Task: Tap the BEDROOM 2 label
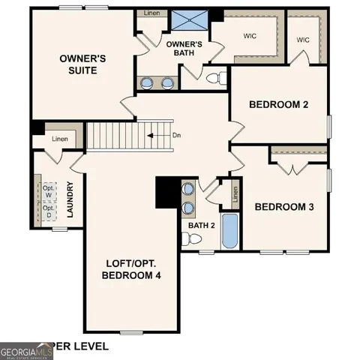pos(279,104)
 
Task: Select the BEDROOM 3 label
pos(285,207)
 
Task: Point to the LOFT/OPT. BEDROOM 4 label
pos(132,269)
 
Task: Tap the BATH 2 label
pos(202,225)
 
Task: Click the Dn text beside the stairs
pos(177,136)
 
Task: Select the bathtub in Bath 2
pos(230,232)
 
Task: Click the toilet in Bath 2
pos(194,239)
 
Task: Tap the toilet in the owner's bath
pos(213,76)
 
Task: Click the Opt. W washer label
pos(49,190)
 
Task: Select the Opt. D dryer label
pos(49,211)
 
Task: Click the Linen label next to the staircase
pos(59,139)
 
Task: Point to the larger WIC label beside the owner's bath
pos(250,35)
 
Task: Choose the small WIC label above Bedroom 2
pos(303,40)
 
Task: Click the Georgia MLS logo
pos(26,349)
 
